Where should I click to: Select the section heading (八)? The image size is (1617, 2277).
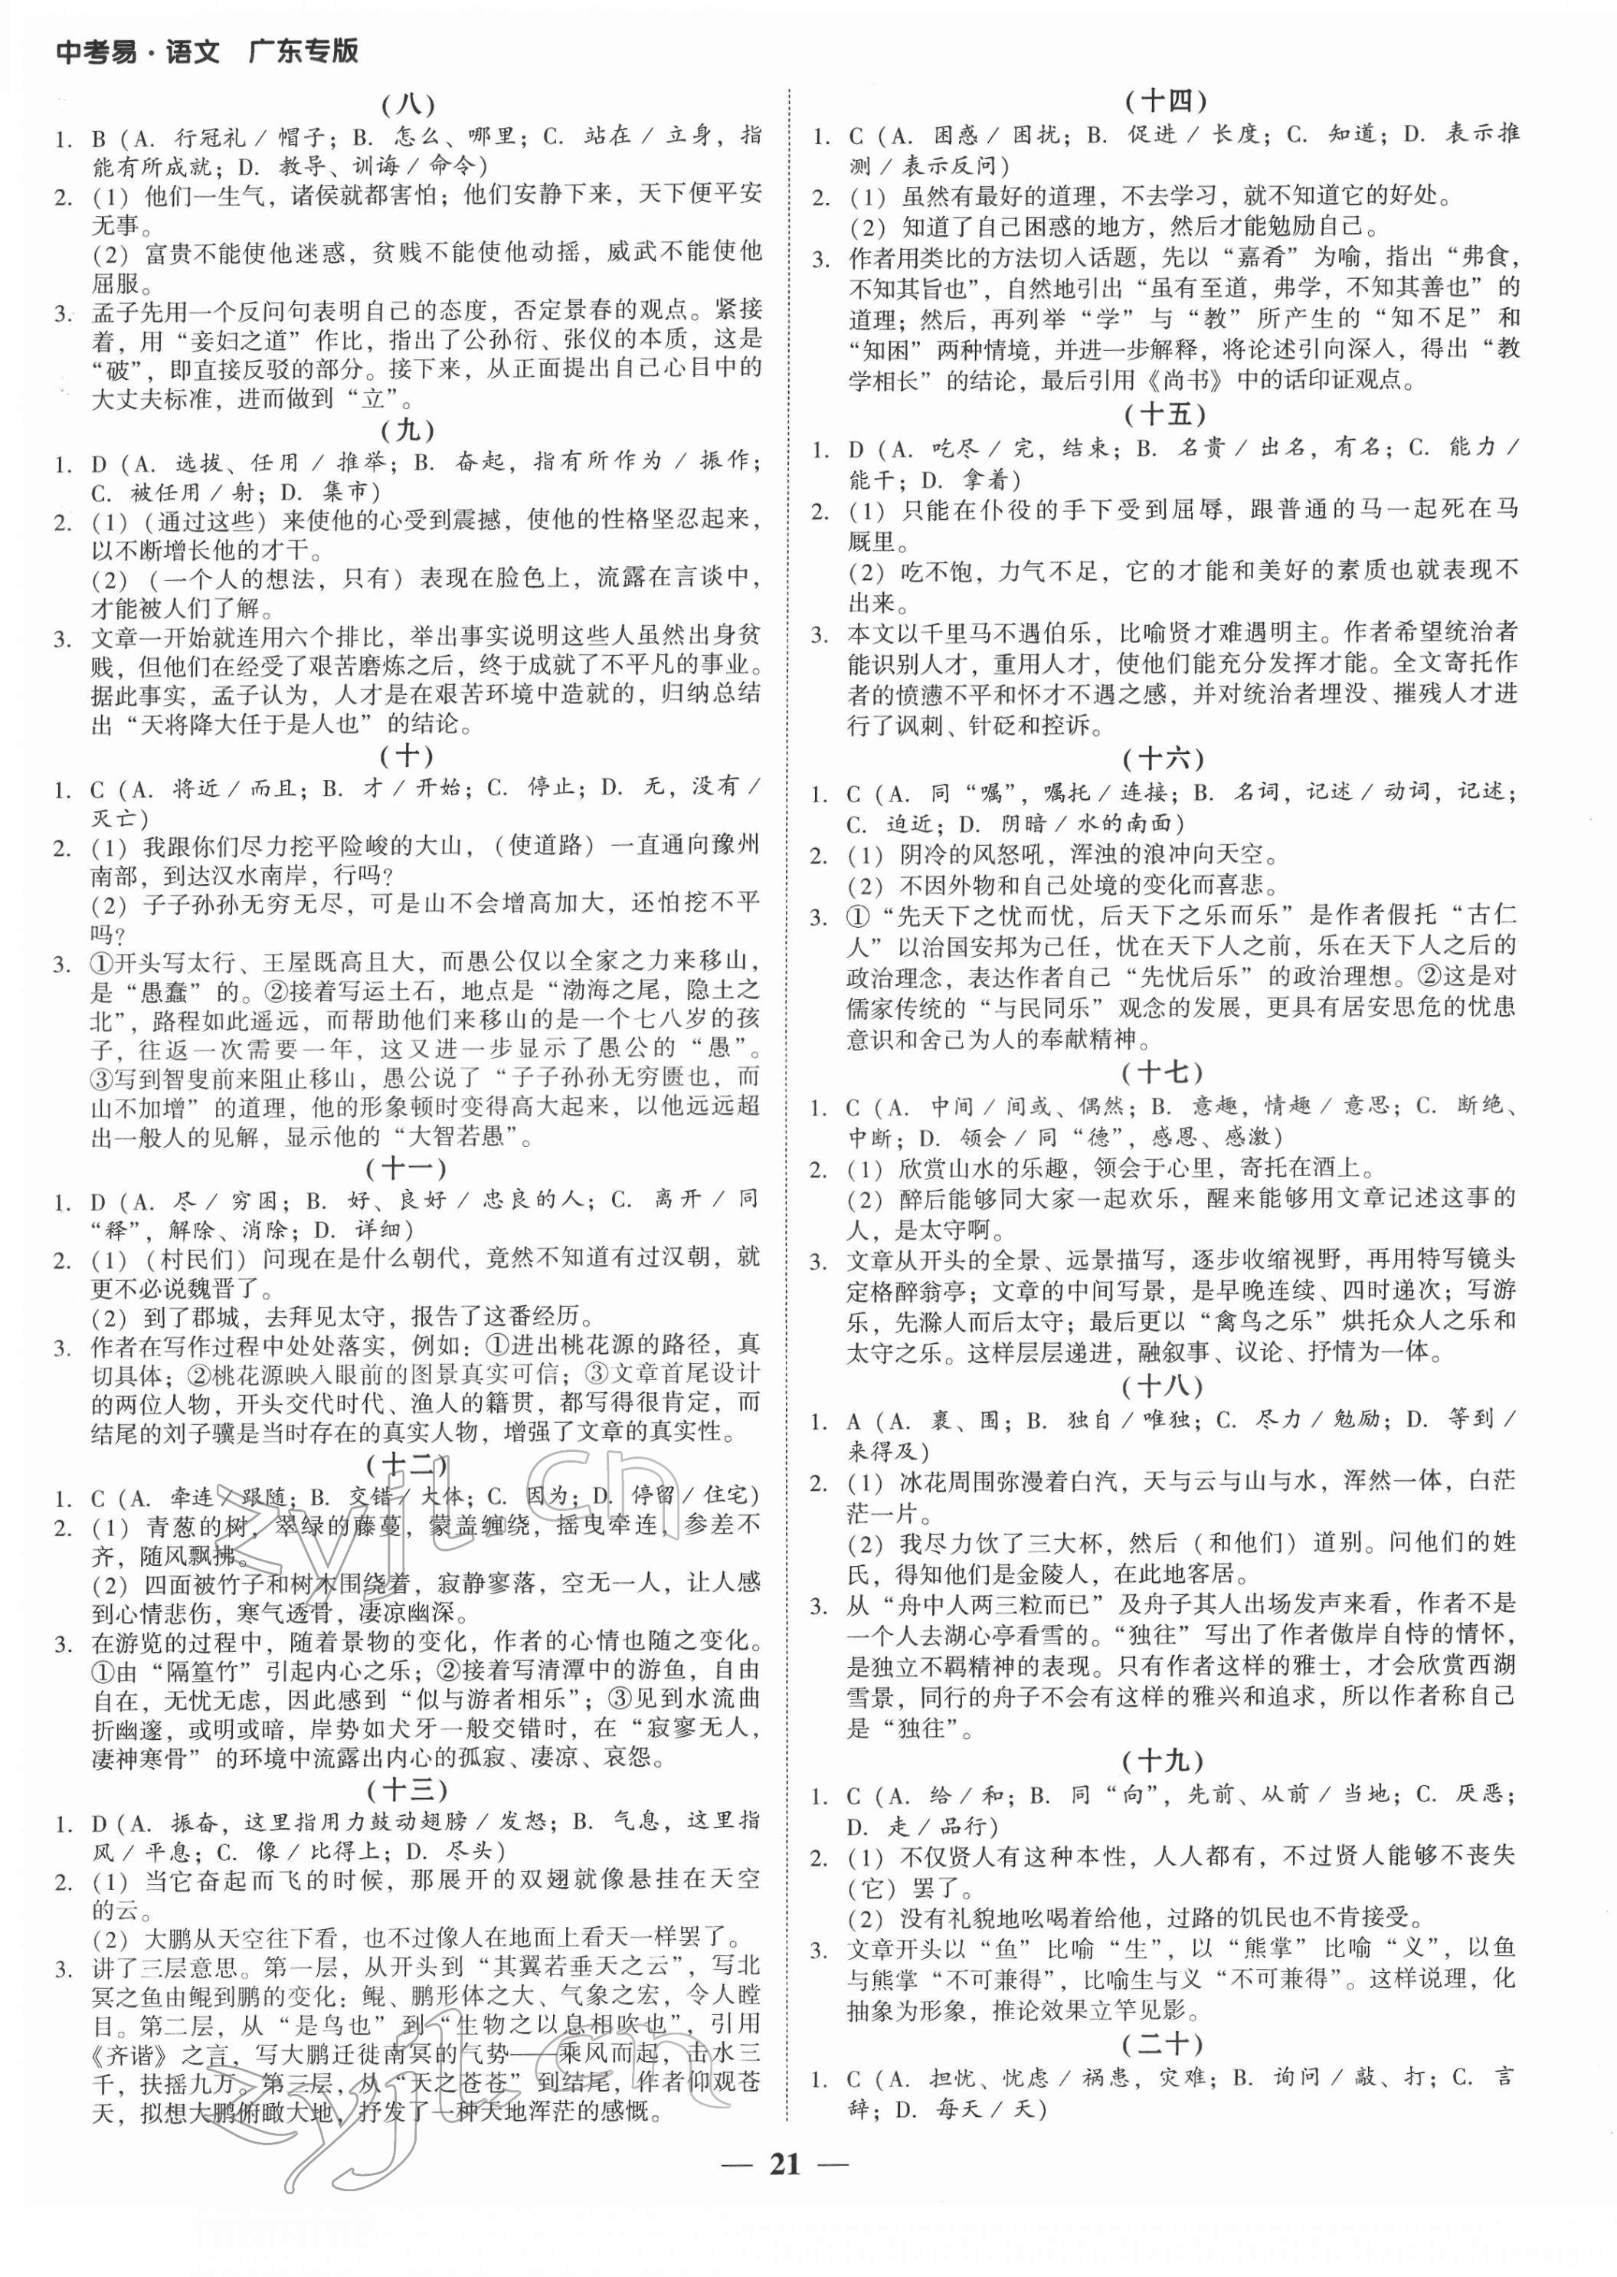(x=408, y=103)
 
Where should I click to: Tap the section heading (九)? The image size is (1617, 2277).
(x=408, y=431)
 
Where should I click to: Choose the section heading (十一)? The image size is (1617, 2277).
(x=408, y=1168)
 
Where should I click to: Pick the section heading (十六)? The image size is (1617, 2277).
(x=1165, y=758)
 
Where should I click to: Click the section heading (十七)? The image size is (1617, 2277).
(x=1165, y=1073)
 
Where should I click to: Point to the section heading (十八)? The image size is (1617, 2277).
(x=1165, y=1386)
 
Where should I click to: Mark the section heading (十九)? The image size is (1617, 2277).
(x=1165, y=1761)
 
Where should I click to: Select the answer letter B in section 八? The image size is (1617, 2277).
(x=97, y=137)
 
